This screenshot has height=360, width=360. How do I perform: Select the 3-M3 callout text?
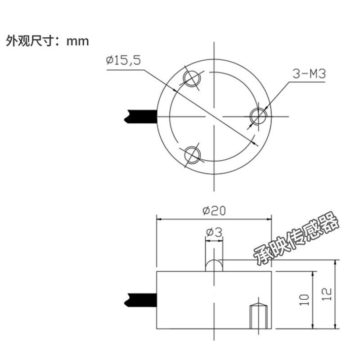[x=309, y=74]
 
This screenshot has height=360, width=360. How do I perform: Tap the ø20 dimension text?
[x=214, y=210]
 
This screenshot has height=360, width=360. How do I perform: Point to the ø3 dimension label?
[x=214, y=232]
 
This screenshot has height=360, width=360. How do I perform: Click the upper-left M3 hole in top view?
[x=191, y=78]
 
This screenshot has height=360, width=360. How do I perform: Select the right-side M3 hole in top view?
[x=259, y=116]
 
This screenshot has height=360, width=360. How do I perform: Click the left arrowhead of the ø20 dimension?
[x=159, y=219]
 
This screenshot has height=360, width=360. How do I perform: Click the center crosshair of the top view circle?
[x=214, y=116]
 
